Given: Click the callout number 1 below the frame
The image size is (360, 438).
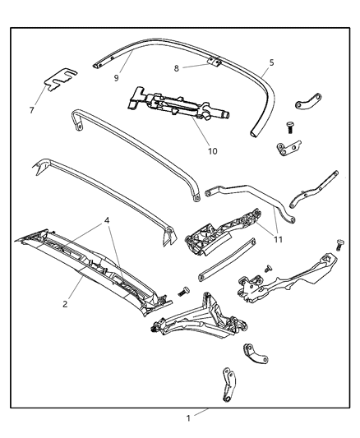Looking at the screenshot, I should click(x=188, y=418).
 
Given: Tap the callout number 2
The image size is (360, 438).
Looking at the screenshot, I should click(x=66, y=303).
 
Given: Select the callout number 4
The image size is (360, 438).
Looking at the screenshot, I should click(x=107, y=220).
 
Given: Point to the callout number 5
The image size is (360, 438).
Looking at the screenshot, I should click(x=271, y=62).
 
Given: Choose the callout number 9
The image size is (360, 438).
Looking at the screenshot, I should click(x=117, y=78).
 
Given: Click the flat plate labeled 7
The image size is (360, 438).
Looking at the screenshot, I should click(x=58, y=80).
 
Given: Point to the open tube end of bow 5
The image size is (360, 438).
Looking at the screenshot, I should click(x=253, y=132).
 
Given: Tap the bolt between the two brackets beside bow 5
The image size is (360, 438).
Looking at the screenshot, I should click(x=289, y=126).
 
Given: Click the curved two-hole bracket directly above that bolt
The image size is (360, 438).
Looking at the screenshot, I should click(x=307, y=105).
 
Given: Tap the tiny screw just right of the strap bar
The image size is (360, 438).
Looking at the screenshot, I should click(x=268, y=269).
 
